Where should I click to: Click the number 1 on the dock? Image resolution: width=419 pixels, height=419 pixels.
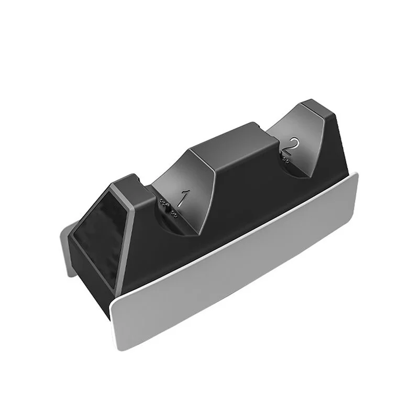[x=183, y=198]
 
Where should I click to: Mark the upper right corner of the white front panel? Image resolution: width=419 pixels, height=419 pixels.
[x=357, y=174]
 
